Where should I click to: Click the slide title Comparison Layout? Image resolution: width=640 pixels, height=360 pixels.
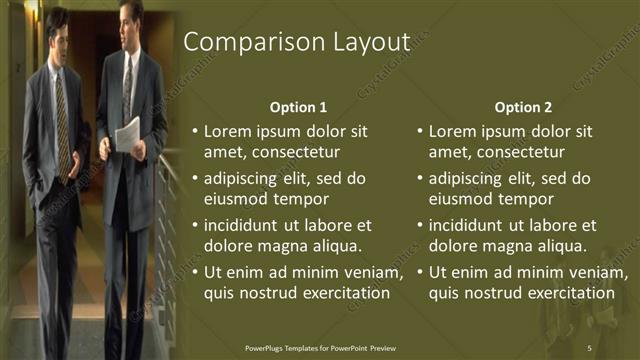(x=297, y=43)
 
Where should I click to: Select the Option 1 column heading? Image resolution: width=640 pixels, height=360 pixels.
(x=298, y=107)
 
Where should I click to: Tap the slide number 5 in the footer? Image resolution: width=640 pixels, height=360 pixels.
(x=589, y=347)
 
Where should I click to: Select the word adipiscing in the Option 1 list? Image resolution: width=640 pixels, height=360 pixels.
(x=243, y=178)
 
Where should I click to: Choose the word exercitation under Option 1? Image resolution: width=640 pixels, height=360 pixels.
(x=340, y=293)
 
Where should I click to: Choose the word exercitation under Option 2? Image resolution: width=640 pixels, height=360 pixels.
(x=565, y=293)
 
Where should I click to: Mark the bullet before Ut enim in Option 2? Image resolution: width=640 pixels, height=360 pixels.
(x=419, y=272)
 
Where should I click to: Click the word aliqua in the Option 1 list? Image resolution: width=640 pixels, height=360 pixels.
(x=337, y=246)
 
